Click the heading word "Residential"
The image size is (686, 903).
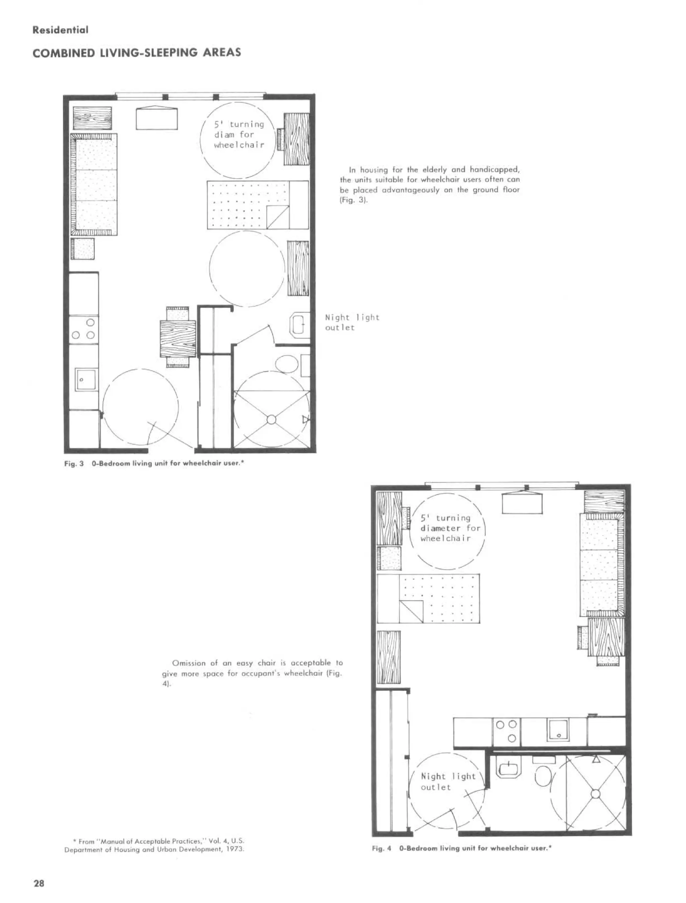pos(60,30)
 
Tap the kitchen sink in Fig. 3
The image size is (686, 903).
pos(86,379)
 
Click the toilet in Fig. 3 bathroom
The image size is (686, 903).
pos(287,363)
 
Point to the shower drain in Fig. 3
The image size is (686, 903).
pos(271,419)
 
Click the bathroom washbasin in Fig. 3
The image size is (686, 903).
pos(299,324)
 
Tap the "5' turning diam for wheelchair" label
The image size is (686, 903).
pos(239,134)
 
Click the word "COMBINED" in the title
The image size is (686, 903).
pos(63,53)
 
